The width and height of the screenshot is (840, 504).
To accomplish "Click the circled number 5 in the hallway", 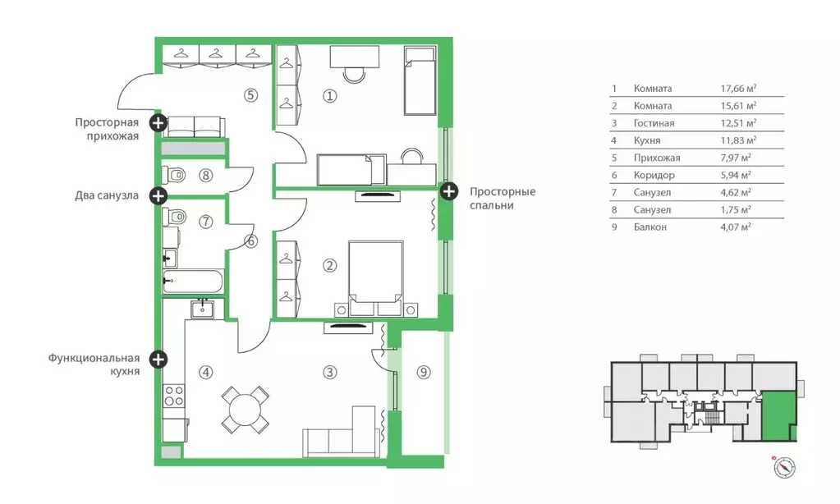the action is [250, 95].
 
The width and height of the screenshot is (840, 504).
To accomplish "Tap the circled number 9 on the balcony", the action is [424, 372].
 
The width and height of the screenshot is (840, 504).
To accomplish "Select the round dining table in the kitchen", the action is [246, 410].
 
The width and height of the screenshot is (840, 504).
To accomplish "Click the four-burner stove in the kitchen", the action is [174, 396].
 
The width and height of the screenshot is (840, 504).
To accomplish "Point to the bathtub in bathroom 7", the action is [193, 282].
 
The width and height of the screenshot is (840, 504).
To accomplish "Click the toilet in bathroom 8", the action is [174, 175].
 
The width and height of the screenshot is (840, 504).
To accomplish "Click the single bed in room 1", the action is [420, 80].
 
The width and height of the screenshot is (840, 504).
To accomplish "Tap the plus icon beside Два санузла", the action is [158, 195].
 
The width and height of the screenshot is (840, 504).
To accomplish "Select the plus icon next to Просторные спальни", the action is [449, 190].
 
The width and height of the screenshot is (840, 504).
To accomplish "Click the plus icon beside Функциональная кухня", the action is [158, 359].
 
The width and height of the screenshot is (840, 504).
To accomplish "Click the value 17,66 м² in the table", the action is [738, 89].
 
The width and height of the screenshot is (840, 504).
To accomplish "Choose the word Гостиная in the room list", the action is [654, 123].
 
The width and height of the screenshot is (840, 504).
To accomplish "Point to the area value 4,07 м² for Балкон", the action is [736, 227].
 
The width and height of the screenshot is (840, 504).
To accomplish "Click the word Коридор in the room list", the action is [654, 175].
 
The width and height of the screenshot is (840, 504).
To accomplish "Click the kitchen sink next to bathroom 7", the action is [203, 309].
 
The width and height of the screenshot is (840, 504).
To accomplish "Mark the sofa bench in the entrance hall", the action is [194, 127].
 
